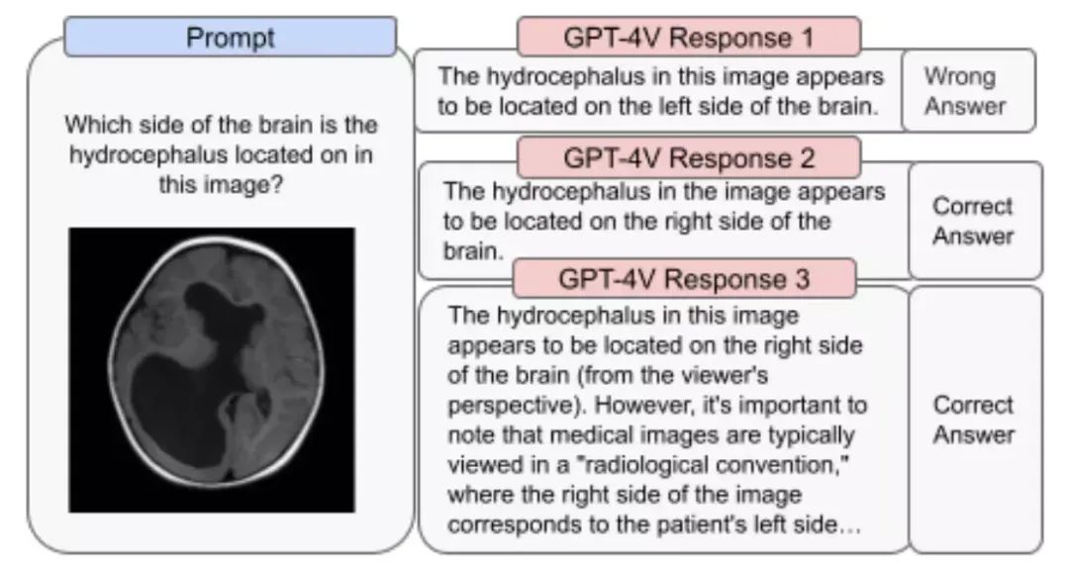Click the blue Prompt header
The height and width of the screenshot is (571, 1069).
tap(230, 38)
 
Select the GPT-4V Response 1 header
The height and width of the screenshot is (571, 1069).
tap(688, 38)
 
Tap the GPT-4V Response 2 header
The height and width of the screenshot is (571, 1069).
tap(688, 157)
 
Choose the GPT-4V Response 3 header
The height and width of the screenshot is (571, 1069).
tap(684, 279)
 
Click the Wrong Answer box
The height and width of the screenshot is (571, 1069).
tap(968, 91)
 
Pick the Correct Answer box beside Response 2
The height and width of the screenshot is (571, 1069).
tap(974, 221)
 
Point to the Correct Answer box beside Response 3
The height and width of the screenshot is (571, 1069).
tap(974, 420)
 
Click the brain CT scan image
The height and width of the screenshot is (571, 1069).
tap(211, 369)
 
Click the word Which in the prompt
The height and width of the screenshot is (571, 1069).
tap(95, 127)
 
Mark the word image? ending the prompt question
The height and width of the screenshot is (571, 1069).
tap(222, 185)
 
